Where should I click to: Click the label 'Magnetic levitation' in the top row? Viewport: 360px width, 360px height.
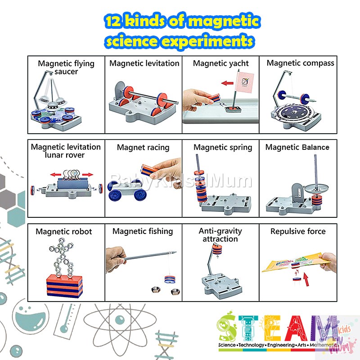(x=144, y=63)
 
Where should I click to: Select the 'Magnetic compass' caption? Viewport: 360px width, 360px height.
(x=300, y=63)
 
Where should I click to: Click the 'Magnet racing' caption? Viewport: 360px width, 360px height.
(x=143, y=147)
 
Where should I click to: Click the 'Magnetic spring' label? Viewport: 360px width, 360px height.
(x=223, y=147)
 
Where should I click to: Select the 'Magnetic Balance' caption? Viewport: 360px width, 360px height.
(x=297, y=147)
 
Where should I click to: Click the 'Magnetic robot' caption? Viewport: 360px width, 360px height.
(x=63, y=232)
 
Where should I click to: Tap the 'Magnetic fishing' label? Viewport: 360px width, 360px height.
(x=143, y=231)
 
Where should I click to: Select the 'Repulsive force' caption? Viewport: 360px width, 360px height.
(x=298, y=232)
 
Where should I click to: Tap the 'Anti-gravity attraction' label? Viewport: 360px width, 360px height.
(x=220, y=235)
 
